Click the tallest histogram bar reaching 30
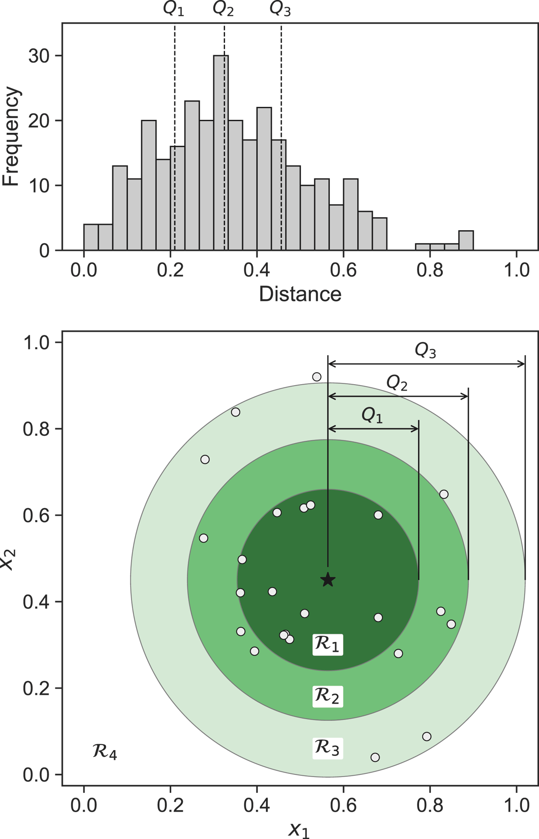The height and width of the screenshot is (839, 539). click(221, 153)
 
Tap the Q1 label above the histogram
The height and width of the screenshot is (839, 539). click(173, 9)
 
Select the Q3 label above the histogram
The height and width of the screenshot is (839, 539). click(280, 9)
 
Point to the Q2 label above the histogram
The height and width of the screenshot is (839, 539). click(223, 9)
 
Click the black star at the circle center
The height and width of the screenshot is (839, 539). click(328, 580)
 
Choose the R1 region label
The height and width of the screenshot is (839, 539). click(327, 645)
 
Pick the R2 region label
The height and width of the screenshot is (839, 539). click(327, 696)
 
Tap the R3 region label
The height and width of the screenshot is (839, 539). click(327, 748)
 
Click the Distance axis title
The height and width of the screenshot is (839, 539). click(300, 294)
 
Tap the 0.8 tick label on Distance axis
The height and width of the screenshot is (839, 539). click(430, 270)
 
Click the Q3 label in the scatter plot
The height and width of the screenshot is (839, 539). click(425, 351)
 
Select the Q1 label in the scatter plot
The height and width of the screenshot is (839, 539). click(372, 416)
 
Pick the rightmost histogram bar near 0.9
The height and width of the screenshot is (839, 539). click(466, 241)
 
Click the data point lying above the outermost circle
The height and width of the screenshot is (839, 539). click(317, 377)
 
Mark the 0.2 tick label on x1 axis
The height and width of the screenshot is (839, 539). click(170, 805)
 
